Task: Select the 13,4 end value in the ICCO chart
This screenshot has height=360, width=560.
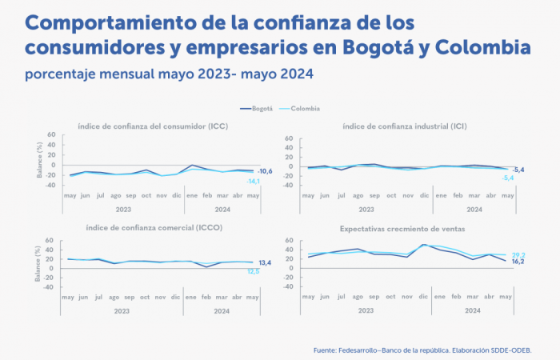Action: point(264,262)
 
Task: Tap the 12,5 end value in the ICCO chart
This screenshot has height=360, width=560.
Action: point(253,271)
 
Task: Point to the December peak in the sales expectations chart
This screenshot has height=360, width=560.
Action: point(423,245)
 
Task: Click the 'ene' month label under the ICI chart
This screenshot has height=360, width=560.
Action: point(439,196)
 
